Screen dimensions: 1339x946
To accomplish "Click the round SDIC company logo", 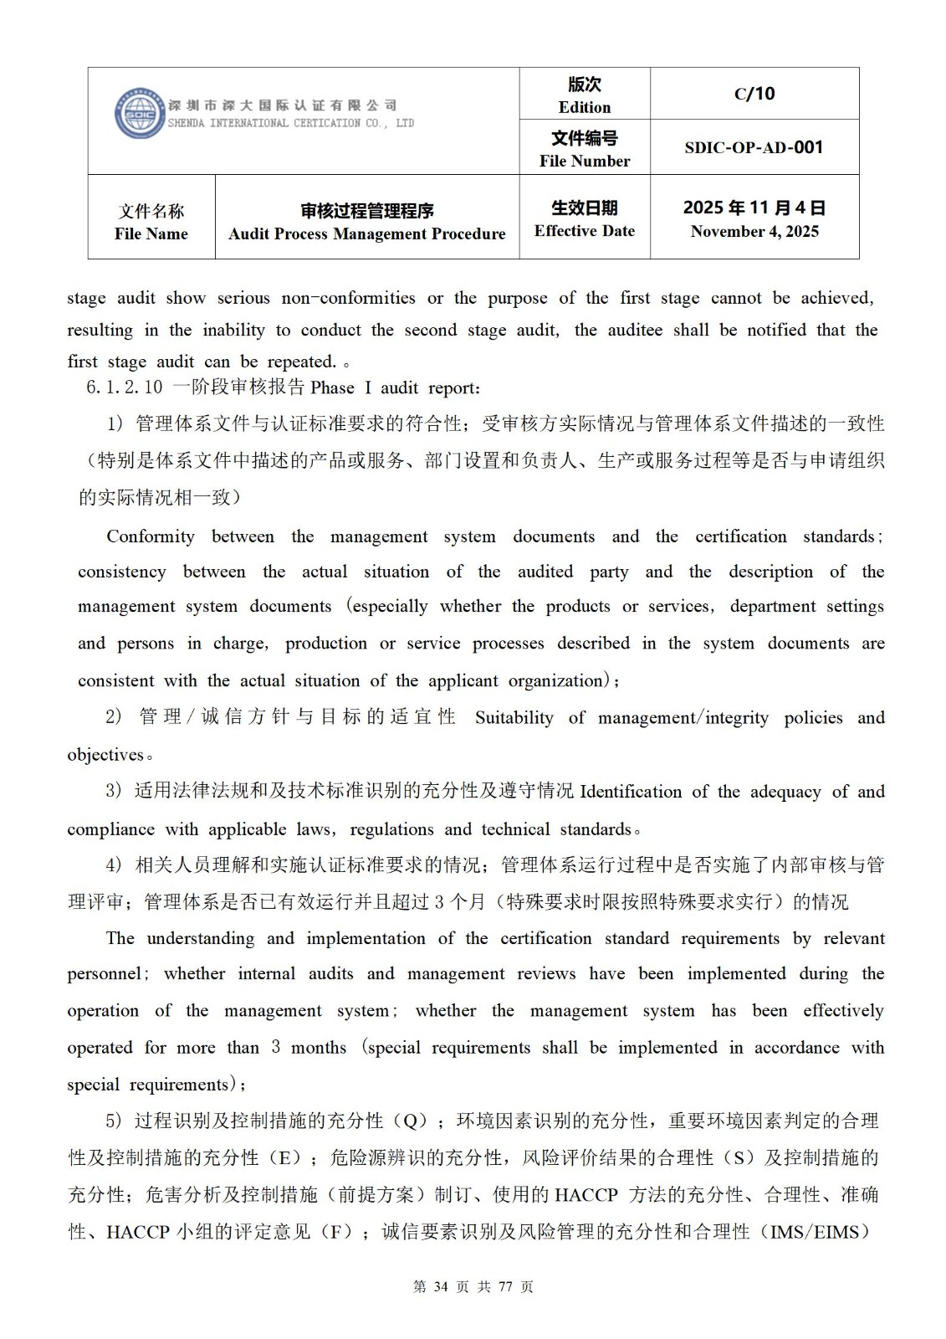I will click(x=140, y=113).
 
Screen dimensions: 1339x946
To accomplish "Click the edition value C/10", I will click(x=754, y=94).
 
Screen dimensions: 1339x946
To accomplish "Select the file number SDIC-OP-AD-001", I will click(x=754, y=147).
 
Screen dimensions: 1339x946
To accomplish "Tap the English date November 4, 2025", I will click(x=754, y=232).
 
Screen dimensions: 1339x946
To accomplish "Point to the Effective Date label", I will click(x=584, y=231).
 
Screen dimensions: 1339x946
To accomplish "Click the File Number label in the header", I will click(x=584, y=161).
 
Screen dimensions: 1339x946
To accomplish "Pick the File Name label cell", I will click(x=151, y=223).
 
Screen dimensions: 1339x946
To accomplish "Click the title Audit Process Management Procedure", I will click(x=366, y=233).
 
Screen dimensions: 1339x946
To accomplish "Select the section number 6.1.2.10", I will click(x=124, y=388).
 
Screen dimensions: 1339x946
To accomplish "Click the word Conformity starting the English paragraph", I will click(x=151, y=536).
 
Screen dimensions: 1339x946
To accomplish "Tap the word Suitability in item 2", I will click(x=514, y=718).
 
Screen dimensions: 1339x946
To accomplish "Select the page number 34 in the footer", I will click(x=442, y=1286).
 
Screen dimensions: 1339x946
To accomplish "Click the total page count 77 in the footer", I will click(x=504, y=1286).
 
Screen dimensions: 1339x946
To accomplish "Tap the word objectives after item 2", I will click(x=105, y=755).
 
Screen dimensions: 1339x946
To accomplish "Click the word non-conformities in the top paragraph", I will click(x=348, y=298).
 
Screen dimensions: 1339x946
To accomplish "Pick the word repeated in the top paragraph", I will click(x=300, y=362).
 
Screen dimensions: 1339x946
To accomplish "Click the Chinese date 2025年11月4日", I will click(x=754, y=208).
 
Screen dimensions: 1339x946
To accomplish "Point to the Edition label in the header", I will click(x=584, y=107).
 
